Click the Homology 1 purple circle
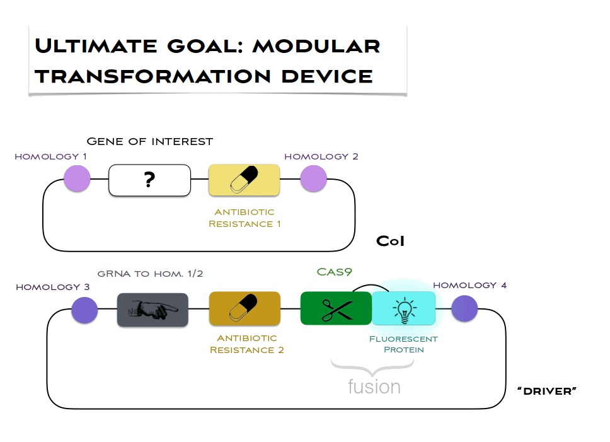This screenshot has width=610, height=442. (78, 179)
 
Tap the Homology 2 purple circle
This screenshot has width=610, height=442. (313, 179)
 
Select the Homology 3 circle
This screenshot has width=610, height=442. (84, 310)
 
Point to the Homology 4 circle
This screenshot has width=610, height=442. (464, 309)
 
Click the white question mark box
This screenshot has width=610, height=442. (149, 180)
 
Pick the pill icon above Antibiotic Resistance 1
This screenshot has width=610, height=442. (244, 180)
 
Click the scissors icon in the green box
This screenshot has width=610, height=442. (337, 309)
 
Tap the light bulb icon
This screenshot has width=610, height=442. (403, 309)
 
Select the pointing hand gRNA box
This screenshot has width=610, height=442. (152, 310)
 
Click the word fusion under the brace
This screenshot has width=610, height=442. (374, 386)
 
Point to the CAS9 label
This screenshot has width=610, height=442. (334, 272)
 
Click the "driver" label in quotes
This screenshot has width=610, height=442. (547, 392)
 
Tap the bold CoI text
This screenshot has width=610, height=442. (390, 241)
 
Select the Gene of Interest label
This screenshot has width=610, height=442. (149, 141)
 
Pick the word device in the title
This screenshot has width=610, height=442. (328, 76)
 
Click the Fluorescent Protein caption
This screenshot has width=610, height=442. (403, 344)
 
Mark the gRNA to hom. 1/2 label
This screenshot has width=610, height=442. (150, 274)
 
